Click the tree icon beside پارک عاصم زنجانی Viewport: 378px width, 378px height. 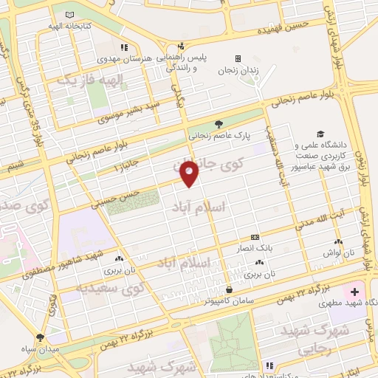(x=219, y=124)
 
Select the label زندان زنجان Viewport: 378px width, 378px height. (x=236, y=71)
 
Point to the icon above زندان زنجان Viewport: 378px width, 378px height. (x=238, y=58)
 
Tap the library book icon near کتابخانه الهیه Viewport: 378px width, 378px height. (x=70, y=15)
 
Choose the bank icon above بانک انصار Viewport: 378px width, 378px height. (x=255, y=237)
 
